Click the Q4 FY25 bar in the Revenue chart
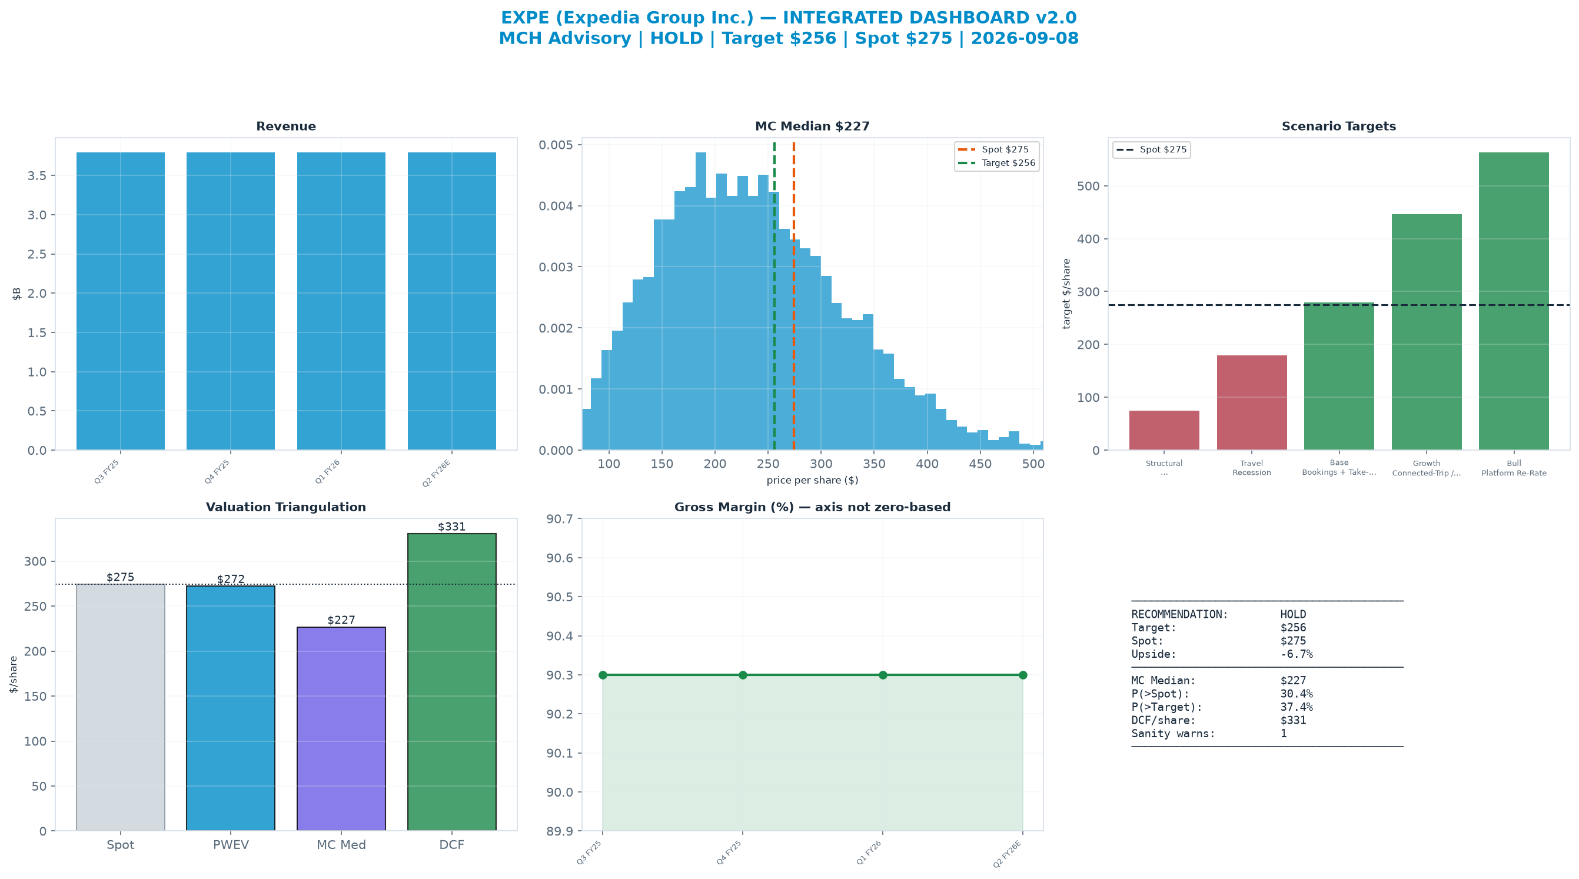pyautogui.click(x=231, y=301)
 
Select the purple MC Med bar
pyautogui.click(x=341, y=729)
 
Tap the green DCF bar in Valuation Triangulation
pyautogui.click(x=452, y=682)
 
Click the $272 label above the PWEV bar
pyautogui.click(x=231, y=580)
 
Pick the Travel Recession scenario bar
pyautogui.click(x=1252, y=402)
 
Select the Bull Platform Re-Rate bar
pyautogui.click(x=1514, y=301)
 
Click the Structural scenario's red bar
pyautogui.click(x=1164, y=430)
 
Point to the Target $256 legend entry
pyautogui.click(x=997, y=163)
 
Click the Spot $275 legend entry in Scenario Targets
pyautogui.click(x=1152, y=149)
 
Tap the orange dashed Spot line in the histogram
pyautogui.click(x=794, y=297)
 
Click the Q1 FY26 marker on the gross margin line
pyautogui.click(x=883, y=675)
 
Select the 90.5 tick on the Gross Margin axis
pyautogui.click(x=562, y=597)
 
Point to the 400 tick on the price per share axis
pyautogui.click(x=927, y=464)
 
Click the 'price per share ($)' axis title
pyautogui.click(x=812, y=480)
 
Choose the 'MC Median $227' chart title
pyautogui.click(x=812, y=126)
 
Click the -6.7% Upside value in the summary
pyautogui.click(x=1297, y=654)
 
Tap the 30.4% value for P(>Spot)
pyautogui.click(x=1297, y=694)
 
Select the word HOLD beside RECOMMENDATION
pyautogui.click(x=1294, y=614)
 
